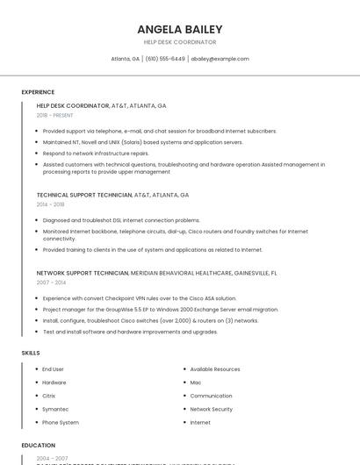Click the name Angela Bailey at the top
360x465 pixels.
[180, 29]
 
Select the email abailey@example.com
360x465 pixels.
[220, 59]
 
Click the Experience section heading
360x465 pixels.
[38, 92]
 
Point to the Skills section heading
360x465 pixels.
[31, 353]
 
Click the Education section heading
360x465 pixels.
[39, 445]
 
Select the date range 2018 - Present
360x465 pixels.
[56, 115]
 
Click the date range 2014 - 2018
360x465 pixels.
[50, 204]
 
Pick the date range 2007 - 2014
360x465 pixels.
[51, 283]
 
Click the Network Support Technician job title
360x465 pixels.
[83, 273]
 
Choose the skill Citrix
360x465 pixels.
[49, 396]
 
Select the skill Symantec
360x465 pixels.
[55, 409]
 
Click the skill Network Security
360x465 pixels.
[211, 409]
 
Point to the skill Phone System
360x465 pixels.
[61, 422]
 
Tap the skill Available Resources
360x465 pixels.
[215, 369]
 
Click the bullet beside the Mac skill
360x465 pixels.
[184, 383]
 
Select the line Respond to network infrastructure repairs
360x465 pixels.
[96, 153]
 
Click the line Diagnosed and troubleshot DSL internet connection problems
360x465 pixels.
[121, 220]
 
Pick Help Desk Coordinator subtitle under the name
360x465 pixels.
[180, 42]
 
